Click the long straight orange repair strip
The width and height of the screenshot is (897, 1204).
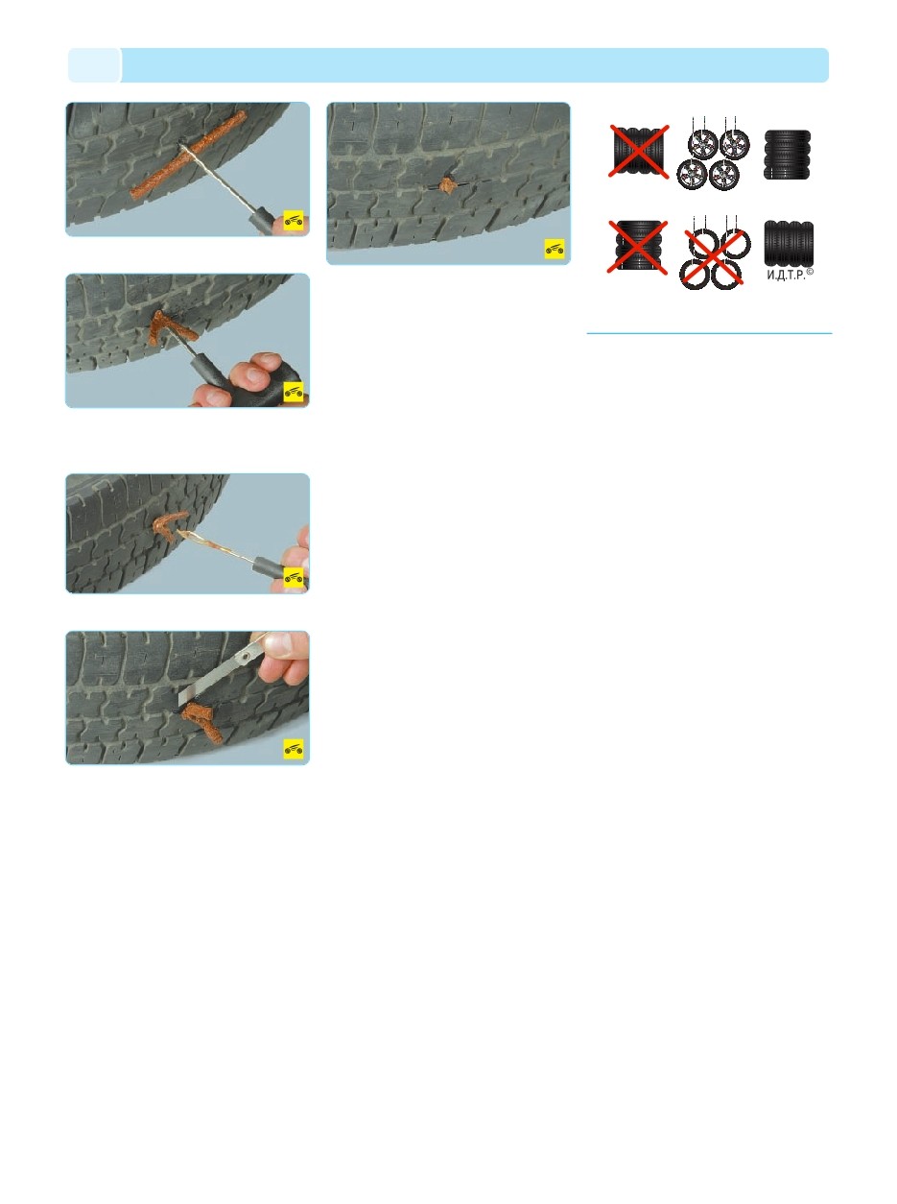188,151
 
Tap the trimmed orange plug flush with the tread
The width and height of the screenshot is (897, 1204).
447,183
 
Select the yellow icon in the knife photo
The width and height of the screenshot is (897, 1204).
294,748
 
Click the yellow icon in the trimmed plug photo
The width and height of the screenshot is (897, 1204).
555,249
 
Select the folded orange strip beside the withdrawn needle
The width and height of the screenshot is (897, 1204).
171,525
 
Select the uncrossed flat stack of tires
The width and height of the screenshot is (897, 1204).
788,155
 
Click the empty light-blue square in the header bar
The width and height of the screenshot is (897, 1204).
94,65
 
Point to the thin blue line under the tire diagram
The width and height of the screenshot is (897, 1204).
709,334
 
